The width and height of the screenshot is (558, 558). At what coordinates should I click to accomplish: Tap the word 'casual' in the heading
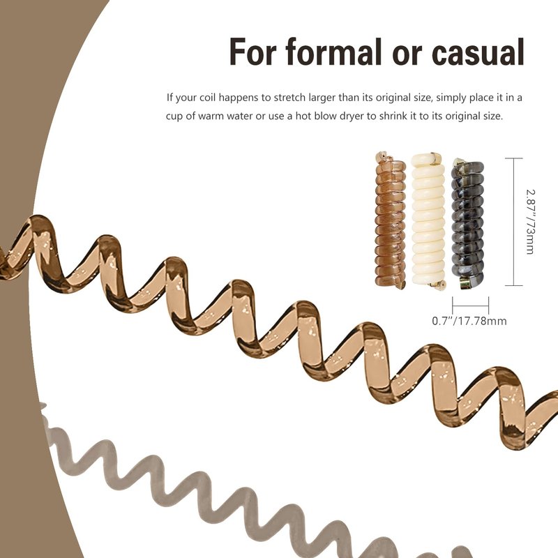click(x=478, y=53)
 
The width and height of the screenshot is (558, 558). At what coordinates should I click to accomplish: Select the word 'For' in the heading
click(x=253, y=52)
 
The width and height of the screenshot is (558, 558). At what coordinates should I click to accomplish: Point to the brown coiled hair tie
click(x=391, y=220)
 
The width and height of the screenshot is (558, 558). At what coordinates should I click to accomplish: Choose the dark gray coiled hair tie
click(x=467, y=224)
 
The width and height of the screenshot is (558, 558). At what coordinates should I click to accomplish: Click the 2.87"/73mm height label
click(x=530, y=222)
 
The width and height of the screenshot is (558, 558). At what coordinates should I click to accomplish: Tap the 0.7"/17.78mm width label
click(x=469, y=321)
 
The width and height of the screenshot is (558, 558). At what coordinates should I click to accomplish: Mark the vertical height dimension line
click(x=514, y=222)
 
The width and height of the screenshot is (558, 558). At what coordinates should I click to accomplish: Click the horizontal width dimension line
click(x=470, y=306)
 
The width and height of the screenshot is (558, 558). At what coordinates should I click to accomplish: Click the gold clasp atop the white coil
click(x=435, y=158)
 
